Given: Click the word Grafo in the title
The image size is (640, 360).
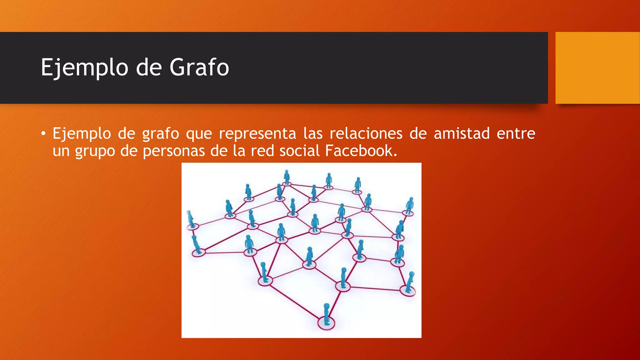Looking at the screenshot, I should click(199, 67).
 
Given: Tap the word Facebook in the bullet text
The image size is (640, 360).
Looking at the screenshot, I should click(361, 151).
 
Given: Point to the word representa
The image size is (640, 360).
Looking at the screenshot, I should click(257, 134).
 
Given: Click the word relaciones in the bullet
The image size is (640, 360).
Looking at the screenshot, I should click(366, 133).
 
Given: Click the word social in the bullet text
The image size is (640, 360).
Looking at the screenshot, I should click(299, 151).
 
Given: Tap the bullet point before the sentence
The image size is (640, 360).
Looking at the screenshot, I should click(43, 134).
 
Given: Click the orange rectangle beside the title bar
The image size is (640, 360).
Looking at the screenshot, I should click(597, 67).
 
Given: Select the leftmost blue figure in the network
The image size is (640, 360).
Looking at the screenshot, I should click(190, 219).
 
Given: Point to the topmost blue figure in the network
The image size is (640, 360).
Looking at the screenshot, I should click(287, 177).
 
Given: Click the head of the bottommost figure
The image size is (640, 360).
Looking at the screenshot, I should click(327, 306).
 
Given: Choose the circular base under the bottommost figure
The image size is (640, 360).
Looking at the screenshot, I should click(326, 323).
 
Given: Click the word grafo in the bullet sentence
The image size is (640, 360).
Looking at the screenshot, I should click(160, 134).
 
